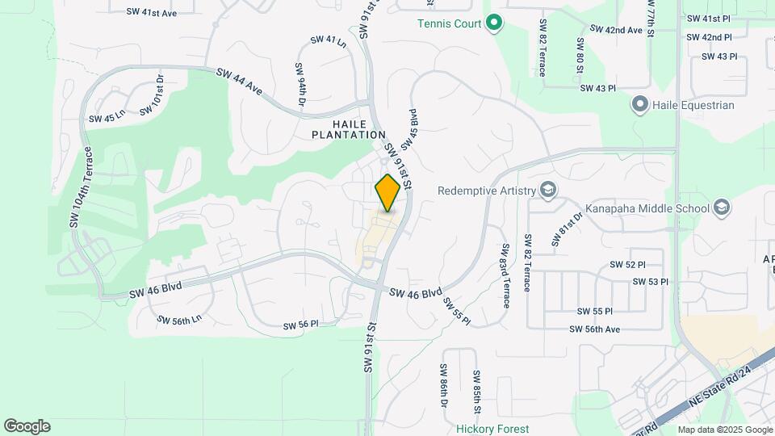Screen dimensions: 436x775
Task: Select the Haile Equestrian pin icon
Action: click(x=640, y=105)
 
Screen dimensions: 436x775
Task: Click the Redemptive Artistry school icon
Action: click(x=549, y=191)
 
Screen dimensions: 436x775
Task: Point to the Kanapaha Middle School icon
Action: click(x=722, y=209)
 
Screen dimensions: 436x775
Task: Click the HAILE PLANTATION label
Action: click(x=350, y=129)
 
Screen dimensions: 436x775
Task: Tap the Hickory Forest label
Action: click(x=492, y=429)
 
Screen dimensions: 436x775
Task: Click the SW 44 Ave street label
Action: click(x=240, y=80)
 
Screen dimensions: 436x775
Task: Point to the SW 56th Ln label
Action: click(x=178, y=321)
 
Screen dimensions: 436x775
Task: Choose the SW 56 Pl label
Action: click(x=301, y=325)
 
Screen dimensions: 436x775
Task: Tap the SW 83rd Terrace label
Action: click(x=505, y=275)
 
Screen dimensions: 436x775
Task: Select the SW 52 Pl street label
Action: click(x=628, y=265)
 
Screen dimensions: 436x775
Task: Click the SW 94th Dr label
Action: click(x=300, y=84)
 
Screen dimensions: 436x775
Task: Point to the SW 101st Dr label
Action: click(x=151, y=95)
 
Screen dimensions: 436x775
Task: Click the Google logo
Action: click(x=27, y=426)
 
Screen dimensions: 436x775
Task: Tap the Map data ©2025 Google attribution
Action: click(x=724, y=430)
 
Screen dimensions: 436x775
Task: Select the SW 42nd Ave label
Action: click(x=616, y=30)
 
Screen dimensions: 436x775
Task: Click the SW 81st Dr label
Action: click(x=568, y=229)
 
